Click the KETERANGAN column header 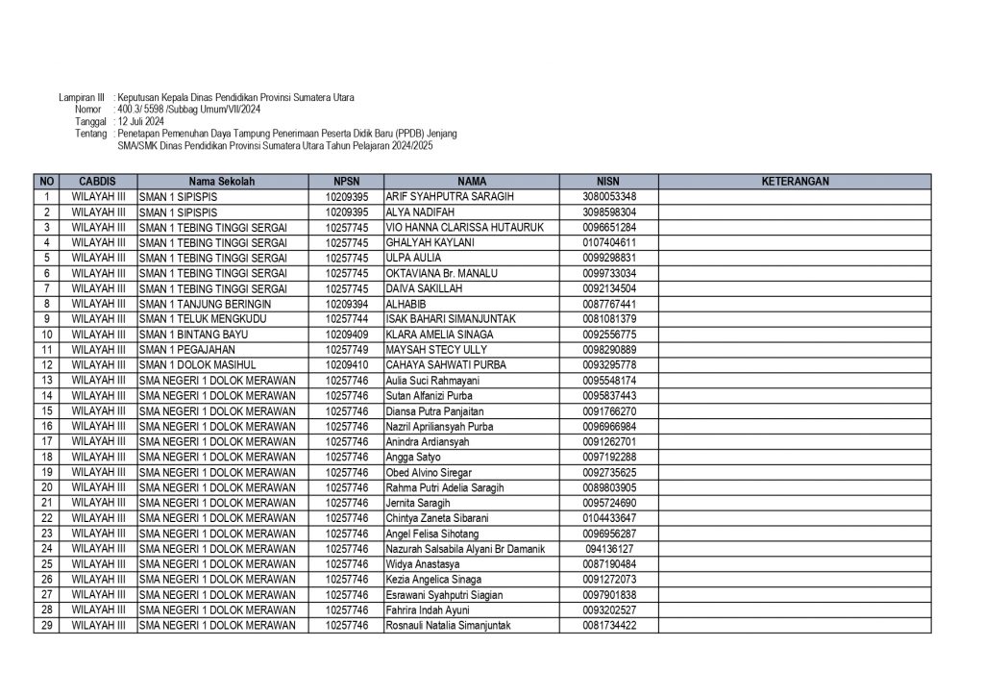(x=795, y=181)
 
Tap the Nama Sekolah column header (x=222, y=181)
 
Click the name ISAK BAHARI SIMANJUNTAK (x=451, y=319)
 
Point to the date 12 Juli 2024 (x=140, y=123)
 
